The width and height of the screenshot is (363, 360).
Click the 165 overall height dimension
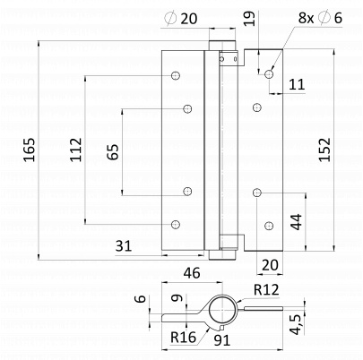(x=30, y=150)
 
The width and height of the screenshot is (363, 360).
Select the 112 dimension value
(x=75, y=150)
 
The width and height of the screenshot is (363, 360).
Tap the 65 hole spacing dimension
(x=113, y=152)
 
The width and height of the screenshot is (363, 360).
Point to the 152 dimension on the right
(x=324, y=150)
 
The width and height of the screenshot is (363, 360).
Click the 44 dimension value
(x=297, y=222)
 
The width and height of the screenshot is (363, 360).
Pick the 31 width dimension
(x=124, y=246)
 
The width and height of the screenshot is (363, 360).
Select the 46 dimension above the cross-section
(x=192, y=273)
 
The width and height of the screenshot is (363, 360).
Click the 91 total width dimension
(x=222, y=340)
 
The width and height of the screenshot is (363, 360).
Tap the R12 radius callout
(x=266, y=289)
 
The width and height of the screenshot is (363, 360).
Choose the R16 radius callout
(x=183, y=338)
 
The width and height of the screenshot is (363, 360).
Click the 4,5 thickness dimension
(x=297, y=324)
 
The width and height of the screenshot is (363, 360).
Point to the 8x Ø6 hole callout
(x=320, y=18)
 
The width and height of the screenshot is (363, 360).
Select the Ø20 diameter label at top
(x=181, y=19)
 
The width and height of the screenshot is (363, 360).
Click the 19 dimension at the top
(x=249, y=19)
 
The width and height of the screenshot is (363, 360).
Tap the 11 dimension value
(x=297, y=84)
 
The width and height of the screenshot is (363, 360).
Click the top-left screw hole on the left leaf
(x=176, y=75)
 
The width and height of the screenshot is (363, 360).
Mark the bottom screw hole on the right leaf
(x=269, y=226)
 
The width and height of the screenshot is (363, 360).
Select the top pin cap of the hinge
(x=222, y=45)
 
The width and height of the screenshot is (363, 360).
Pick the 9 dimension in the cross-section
(x=177, y=297)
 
